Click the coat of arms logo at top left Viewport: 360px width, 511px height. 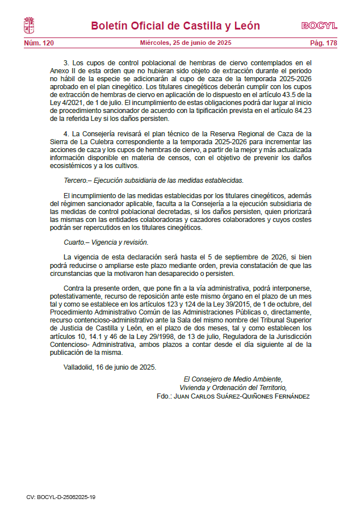pos(29,26)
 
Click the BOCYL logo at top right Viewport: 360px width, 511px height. pos(319,26)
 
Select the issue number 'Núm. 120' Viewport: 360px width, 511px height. pos(39,43)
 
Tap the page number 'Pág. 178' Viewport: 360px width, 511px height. pos(323,43)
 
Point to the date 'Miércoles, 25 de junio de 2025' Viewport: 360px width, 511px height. pos(186,43)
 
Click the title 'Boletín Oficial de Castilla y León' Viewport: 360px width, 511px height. pos(175,26)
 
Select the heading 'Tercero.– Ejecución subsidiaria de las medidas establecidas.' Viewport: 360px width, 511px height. pos(153,181)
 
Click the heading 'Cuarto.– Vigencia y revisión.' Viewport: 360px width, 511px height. pos(106,242)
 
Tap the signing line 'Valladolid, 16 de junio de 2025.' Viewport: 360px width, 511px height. pos(110,367)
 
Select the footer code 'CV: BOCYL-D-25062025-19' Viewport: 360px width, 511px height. pos(61,497)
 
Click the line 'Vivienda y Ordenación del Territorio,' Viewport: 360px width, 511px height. pos(232,388)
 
